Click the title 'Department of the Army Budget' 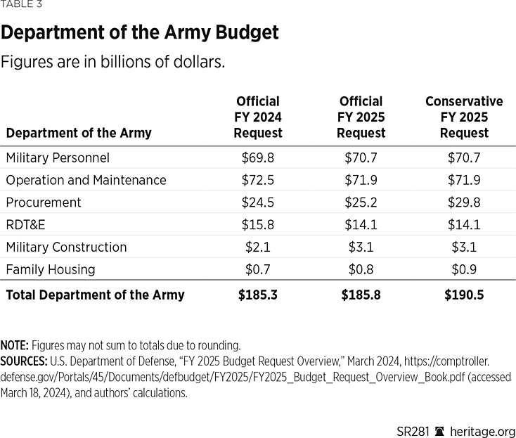140,32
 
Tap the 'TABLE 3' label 22,6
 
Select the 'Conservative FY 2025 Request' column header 464,117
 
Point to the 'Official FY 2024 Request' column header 258,117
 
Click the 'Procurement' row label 44,202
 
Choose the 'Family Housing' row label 51,269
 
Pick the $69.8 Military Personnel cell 258,157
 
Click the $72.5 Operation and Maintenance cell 258,180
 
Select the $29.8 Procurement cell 464,202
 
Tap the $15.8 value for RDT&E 258,225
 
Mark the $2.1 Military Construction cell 258,247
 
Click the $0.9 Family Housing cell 464,269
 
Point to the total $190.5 464,295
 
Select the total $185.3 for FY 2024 258,295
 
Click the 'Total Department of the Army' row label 95,295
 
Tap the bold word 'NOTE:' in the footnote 14,345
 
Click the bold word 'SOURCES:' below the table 24,361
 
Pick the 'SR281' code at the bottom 411,431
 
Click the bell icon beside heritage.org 441,431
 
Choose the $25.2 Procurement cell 361,202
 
